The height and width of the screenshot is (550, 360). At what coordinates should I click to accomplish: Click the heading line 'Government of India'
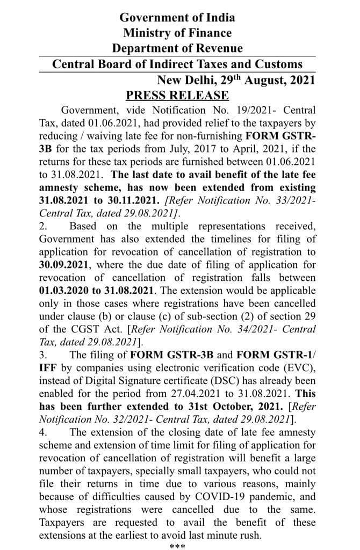click(x=177, y=18)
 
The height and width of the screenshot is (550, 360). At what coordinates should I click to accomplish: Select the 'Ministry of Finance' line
click(x=177, y=33)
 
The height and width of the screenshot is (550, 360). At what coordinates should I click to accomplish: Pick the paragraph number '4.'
click(x=44, y=432)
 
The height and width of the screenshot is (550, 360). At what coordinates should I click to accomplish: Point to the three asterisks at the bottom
click(x=177, y=546)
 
